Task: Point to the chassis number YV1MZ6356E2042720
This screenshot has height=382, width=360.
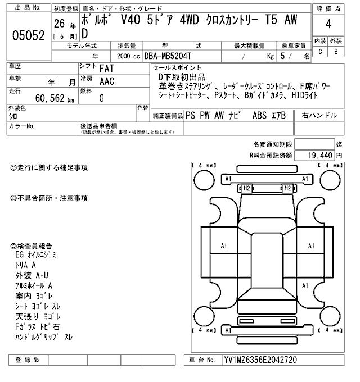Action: (260, 360)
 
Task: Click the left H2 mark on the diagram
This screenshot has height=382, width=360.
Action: (246, 188)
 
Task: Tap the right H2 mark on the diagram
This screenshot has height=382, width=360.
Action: (287, 188)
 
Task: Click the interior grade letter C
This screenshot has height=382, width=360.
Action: (320, 52)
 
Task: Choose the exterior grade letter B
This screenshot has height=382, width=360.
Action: (336, 52)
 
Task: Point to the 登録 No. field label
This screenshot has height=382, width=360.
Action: (28, 360)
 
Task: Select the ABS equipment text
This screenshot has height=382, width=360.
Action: (260, 115)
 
